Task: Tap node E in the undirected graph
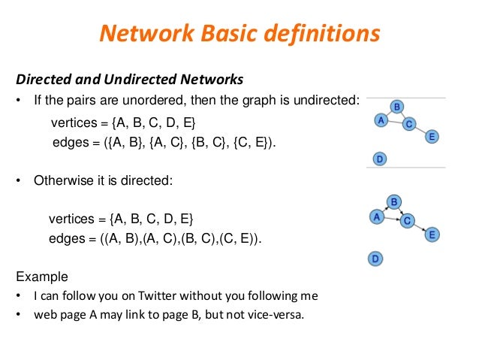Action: (x=432, y=137)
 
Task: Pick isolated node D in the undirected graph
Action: (x=380, y=159)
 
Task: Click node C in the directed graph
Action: (x=407, y=221)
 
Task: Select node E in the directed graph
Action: (x=432, y=234)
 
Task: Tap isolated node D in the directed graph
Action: (x=375, y=259)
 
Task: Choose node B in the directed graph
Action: (x=393, y=201)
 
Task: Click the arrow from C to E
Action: (x=420, y=228)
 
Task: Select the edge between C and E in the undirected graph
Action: (x=420, y=131)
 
